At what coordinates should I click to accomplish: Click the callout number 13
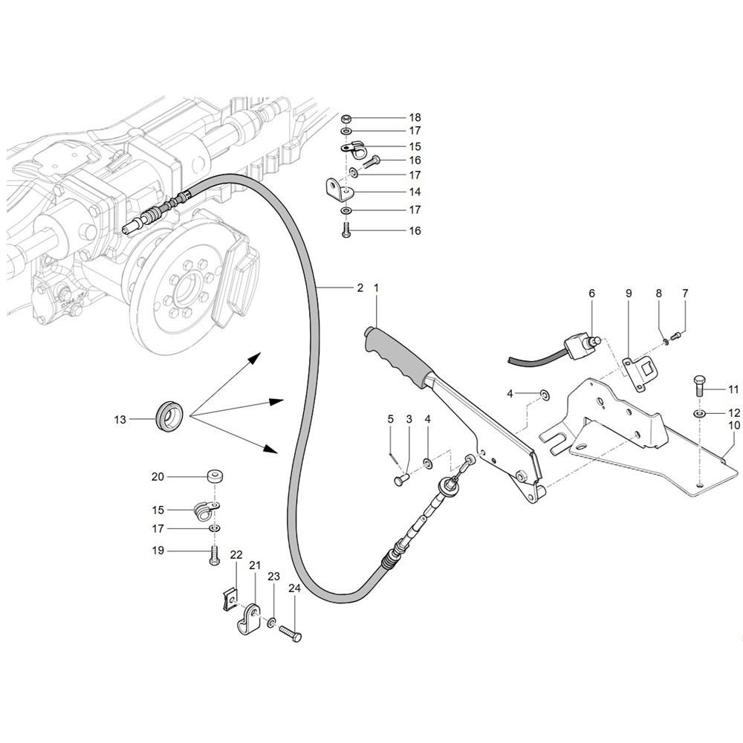tap(120, 420)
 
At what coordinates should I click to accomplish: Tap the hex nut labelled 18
tap(346, 118)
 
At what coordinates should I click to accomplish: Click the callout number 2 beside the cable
tap(360, 288)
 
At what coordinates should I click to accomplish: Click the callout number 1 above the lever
tap(377, 287)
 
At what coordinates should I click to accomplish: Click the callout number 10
tap(734, 426)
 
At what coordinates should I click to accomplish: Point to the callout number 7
tap(685, 293)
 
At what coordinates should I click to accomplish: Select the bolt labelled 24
tap(291, 633)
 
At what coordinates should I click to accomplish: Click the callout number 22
tap(236, 555)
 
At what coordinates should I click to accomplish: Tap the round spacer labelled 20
tap(214, 476)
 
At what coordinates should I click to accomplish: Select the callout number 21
tap(255, 566)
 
